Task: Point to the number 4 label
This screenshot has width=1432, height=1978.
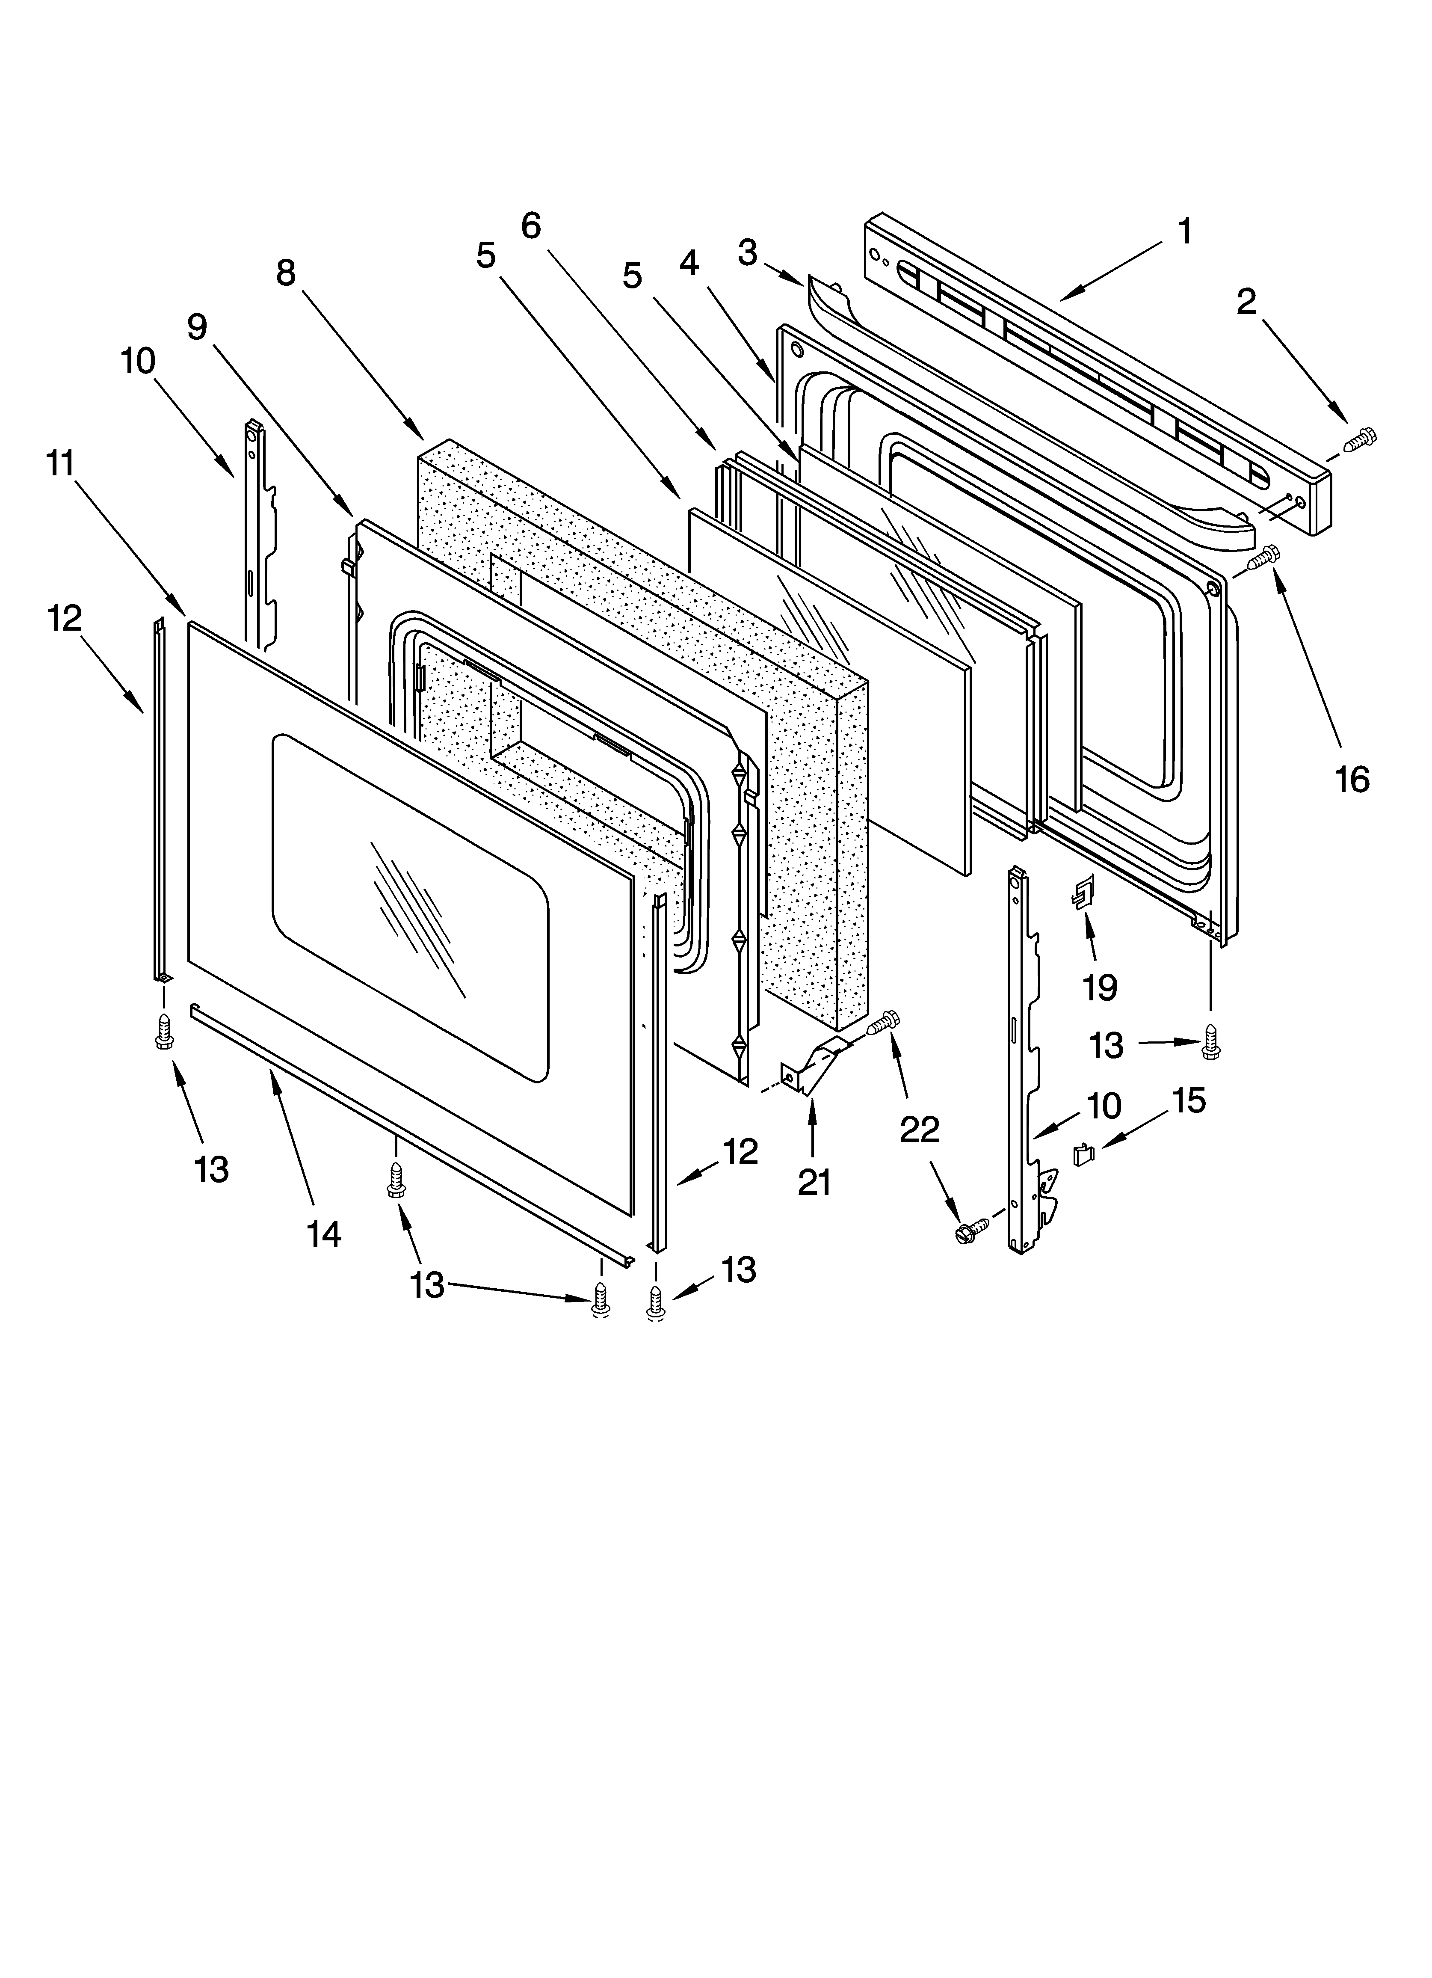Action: [x=689, y=262]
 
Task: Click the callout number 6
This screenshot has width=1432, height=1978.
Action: [x=531, y=226]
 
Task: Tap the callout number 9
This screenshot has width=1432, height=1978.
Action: [x=197, y=327]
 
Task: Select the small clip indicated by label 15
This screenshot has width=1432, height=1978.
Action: [x=1082, y=1155]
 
